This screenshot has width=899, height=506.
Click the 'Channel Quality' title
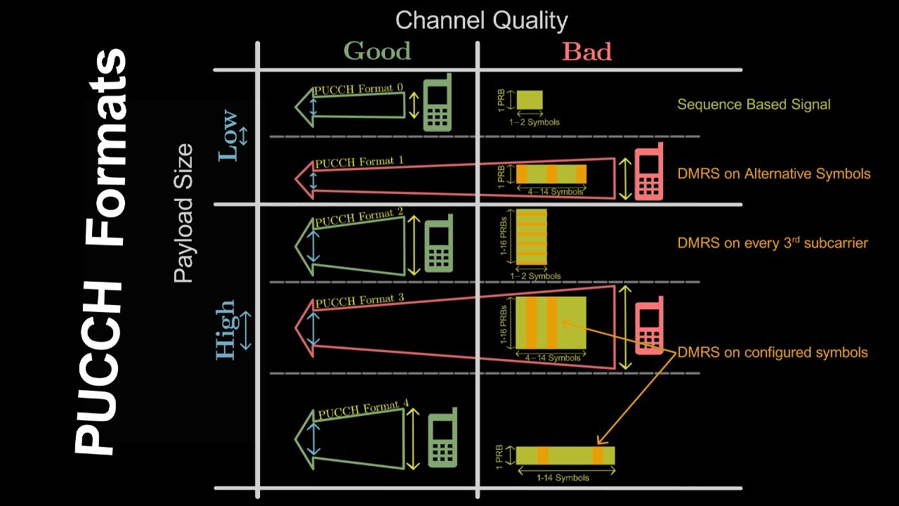[481, 20]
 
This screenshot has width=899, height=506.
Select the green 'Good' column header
[377, 51]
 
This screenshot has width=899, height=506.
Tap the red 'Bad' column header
[586, 51]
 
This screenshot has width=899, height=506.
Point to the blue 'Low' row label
[229, 136]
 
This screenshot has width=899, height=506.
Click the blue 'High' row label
[225, 330]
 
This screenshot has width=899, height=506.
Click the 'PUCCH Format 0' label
[359, 89]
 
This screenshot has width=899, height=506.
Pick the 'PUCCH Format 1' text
[359, 162]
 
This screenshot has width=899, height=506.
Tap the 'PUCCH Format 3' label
[359, 301]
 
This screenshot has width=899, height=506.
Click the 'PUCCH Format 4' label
[362, 409]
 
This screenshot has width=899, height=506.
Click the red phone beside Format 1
[649, 172]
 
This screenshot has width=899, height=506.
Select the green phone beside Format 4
[442, 437]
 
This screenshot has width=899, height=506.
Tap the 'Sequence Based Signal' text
[754, 105]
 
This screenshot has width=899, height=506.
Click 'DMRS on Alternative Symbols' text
[774, 174]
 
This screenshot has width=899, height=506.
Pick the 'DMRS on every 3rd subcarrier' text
[773, 243]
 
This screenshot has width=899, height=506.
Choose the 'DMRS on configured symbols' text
[773, 352]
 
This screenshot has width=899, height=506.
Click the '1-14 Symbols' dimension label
[563, 478]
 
